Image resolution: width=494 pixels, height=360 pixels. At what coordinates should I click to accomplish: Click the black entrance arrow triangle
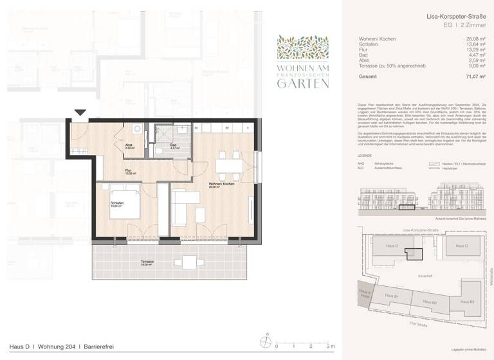80,113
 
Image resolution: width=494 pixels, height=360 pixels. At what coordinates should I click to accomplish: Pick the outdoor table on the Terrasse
190,262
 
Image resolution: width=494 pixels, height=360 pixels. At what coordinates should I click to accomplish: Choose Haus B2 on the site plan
430,301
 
